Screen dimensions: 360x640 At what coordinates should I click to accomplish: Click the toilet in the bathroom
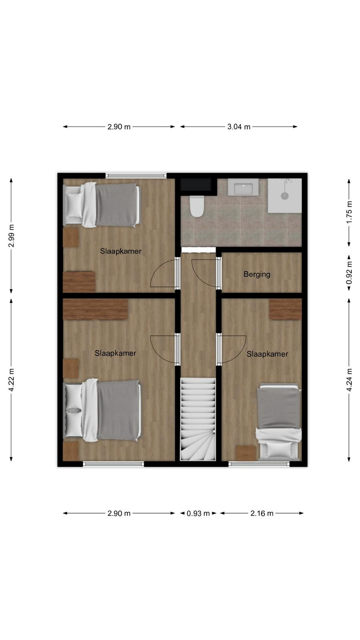196,206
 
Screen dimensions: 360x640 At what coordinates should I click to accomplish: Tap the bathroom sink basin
243,188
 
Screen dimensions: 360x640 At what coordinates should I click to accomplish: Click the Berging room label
257,274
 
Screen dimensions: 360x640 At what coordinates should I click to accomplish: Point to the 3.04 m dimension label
239,127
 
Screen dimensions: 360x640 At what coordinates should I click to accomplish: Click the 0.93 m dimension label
198,514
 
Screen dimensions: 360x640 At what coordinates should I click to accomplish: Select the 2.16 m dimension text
262,514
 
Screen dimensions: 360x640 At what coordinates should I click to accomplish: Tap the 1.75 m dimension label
349,212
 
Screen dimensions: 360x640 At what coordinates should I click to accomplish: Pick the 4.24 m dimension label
349,380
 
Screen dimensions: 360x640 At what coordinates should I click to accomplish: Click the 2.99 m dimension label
11,236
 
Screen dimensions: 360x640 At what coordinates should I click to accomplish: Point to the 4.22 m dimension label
11,380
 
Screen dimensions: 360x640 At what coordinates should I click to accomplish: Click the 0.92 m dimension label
349,273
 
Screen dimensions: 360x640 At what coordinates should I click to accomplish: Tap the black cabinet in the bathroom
196,184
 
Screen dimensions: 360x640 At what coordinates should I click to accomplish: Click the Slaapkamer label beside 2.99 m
120,252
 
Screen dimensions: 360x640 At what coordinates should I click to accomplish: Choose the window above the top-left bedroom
136,176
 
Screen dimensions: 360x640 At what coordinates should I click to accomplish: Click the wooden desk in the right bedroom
286,310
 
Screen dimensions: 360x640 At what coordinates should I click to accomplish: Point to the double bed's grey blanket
119,410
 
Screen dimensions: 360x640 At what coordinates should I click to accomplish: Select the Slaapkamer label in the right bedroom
268,354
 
